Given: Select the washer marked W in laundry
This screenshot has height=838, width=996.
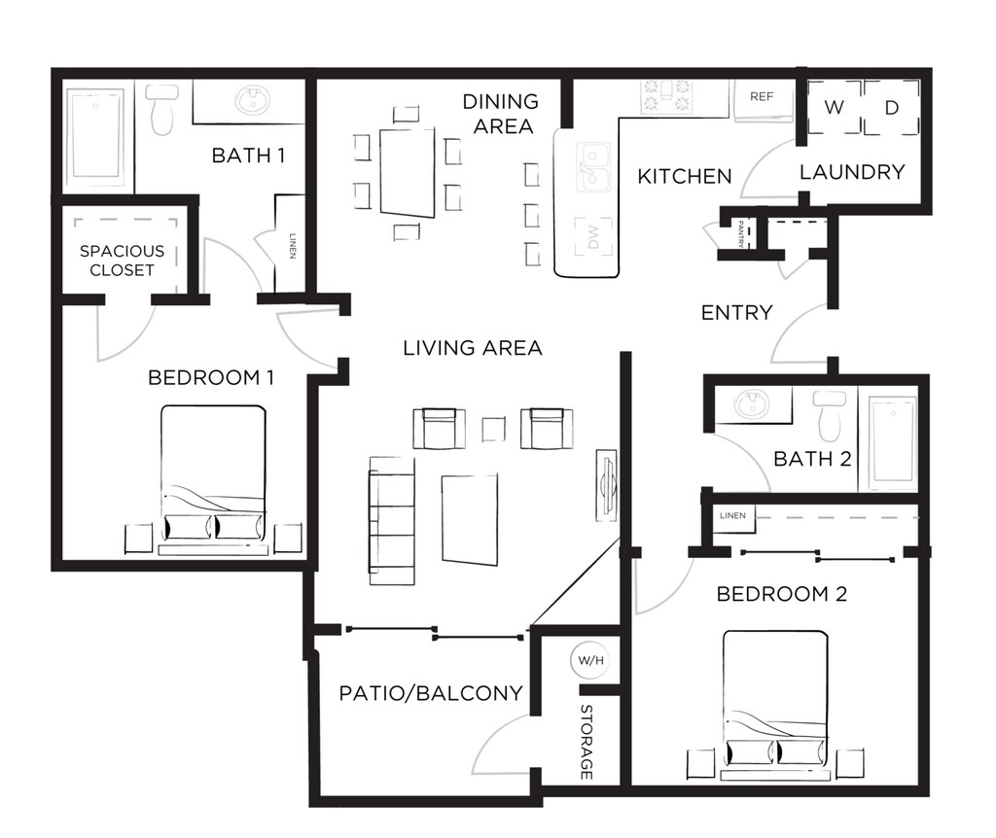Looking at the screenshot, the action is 834,108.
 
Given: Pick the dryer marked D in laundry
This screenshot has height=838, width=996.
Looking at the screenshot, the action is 891,108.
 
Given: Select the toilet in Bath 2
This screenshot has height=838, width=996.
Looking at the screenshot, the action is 831,415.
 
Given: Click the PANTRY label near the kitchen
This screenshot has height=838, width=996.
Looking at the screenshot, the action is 741,234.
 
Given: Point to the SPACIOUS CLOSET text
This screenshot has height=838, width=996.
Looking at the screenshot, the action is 122,261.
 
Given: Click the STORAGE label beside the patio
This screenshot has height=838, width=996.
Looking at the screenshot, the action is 587,742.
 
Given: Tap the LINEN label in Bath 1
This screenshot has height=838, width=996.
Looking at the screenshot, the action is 292,244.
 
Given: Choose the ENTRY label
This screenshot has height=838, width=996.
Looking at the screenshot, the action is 736,312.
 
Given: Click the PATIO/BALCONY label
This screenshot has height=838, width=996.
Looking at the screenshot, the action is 431,693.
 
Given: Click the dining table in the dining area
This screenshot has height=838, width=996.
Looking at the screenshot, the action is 408,171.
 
